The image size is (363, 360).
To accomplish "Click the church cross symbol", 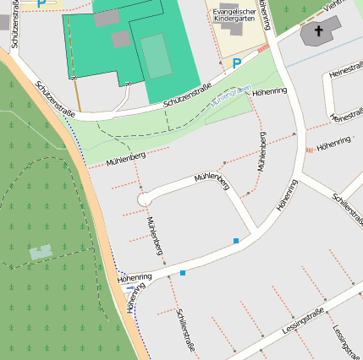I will [319, 32].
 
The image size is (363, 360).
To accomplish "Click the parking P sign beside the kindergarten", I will [237, 63].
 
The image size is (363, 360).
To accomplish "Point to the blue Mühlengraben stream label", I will [230, 95].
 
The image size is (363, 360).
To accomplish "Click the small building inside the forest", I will [41, 252].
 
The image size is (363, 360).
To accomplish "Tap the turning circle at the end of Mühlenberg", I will [144, 199].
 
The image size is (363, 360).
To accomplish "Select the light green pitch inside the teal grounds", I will [156, 56].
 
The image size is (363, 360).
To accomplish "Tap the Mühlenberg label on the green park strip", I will [126, 157].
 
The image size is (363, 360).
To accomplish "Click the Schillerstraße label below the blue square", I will [187, 330].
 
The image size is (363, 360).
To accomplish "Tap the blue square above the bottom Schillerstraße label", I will [183, 273].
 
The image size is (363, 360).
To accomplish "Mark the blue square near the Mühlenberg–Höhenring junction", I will [236, 242].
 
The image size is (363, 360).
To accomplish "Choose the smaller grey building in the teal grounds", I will [121, 39].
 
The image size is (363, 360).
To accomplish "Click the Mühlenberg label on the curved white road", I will [212, 178].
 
